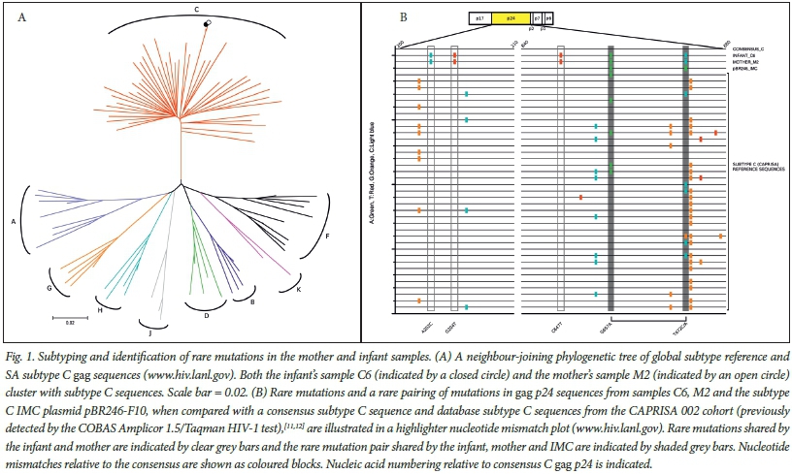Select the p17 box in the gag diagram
coord(480,18)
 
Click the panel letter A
coord(20,16)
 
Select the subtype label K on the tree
coord(298,289)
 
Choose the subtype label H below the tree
coord(99,309)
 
